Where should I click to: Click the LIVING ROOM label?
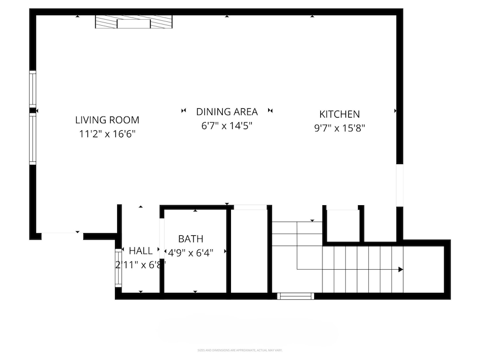pos(107,120)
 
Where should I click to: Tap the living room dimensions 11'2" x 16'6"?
pos(107,133)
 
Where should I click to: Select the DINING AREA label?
pos(227,112)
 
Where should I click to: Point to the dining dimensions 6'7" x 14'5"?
pos(227,125)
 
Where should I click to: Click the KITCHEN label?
pos(339,114)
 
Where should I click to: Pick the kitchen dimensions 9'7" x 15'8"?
pos(339,128)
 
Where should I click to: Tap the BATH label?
pos(190,239)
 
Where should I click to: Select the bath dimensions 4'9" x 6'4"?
pos(190,252)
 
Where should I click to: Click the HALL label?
pos(141,251)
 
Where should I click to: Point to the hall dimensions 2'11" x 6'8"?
pos(141,264)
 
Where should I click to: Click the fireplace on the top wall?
pos(134,22)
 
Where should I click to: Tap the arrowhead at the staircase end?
pos(401,269)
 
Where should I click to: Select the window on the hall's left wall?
pos(118,268)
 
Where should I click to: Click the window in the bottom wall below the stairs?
pos(296,296)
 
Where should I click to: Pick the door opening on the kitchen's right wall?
pos(400,186)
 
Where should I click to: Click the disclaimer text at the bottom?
pos(240,350)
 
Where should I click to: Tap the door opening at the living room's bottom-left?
pos(62,236)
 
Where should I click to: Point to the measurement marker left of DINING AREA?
pos(183,111)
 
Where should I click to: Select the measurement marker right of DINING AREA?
pos(270,111)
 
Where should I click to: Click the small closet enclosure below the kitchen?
pos(343,224)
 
